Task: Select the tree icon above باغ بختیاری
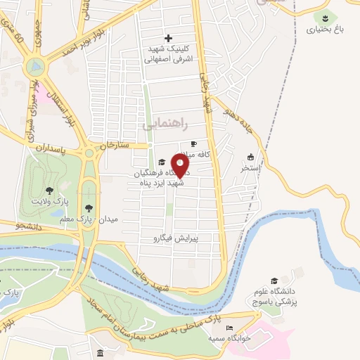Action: (x=326, y=18)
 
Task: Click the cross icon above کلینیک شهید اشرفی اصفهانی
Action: (x=167, y=38)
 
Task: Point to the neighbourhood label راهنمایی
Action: (x=166, y=123)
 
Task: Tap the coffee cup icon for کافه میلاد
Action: (x=194, y=143)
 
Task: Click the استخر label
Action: (x=250, y=169)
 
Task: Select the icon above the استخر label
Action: (x=250, y=157)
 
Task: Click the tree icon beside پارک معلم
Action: (x=89, y=207)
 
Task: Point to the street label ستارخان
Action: (x=115, y=146)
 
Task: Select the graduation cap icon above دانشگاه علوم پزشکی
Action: (x=274, y=281)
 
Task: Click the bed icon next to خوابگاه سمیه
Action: (x=228, y=328)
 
